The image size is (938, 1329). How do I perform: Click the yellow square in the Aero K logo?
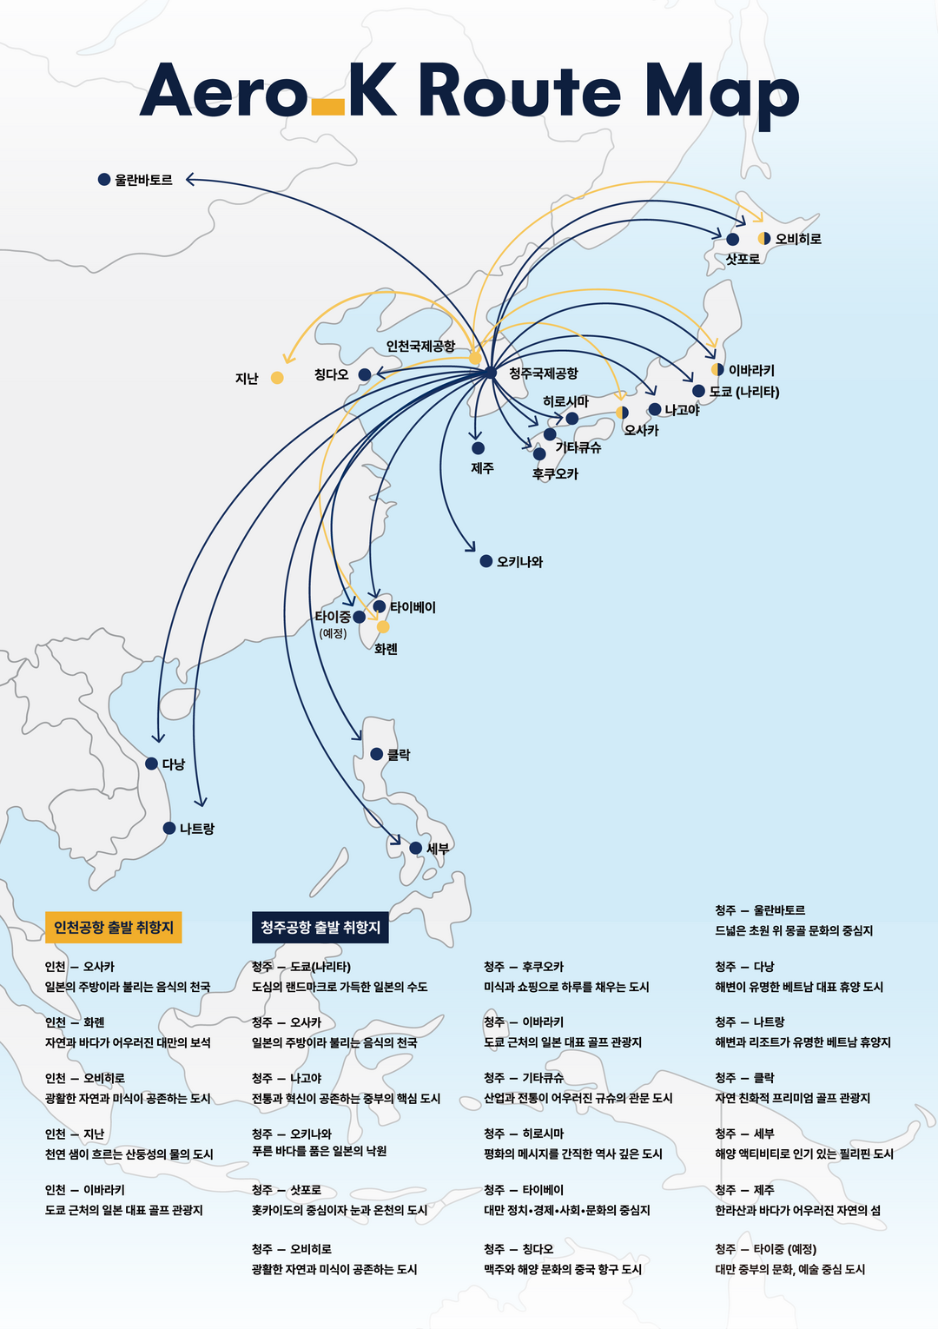tap(327, 107)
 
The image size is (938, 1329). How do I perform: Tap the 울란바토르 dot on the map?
tap(104, 180)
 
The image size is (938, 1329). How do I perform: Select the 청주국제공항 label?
tap(543, 374)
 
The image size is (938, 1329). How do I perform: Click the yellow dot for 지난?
tap(277, 378)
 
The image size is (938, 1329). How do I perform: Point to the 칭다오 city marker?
tap(365, 375)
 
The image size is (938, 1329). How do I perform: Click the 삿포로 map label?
tap(743, 259)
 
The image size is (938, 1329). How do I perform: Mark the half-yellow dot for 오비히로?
tap(763, 239)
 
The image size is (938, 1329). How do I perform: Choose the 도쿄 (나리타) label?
tap(744, 392)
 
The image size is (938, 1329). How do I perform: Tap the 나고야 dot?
tap(655, 409)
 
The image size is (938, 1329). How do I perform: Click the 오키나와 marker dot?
tap(486, 561)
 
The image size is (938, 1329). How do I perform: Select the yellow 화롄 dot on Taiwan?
tap(383, 627)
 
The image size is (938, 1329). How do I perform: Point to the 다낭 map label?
tap(174, 764)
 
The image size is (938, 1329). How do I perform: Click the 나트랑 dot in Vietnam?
tap(169, 828)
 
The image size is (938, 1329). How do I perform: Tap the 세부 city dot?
tap(415, 848)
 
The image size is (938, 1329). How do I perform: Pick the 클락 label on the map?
tap(399, 755)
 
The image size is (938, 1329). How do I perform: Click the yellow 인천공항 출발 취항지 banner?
tap(114, 928)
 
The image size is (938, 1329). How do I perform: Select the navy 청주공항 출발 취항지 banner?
tap(320, 928)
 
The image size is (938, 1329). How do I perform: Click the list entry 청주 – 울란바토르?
tap(760, 910)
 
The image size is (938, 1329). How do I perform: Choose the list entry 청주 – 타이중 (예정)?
tap(766, 1249)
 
